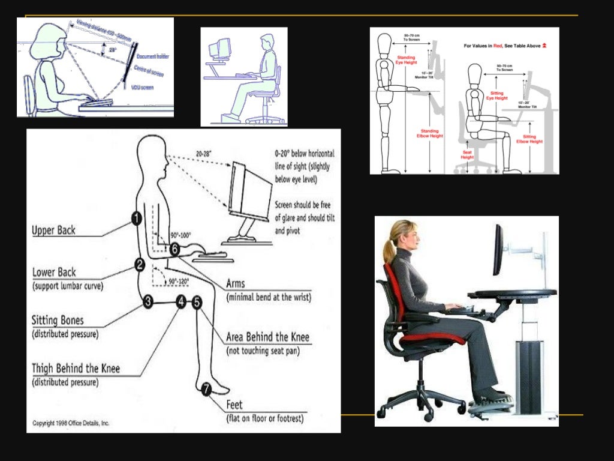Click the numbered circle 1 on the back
click(x=137, y=219)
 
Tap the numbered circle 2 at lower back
click(x=140, y=264)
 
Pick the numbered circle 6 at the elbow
click(x=174, y=248)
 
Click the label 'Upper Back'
click(x=54, y=230)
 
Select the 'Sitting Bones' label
click(x=58, y=321)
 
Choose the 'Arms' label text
click(x=235, y=283)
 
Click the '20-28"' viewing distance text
click(x=204, y=154)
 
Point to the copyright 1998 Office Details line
click(x=71, y=423)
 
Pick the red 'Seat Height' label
click(x=468, y=154)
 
